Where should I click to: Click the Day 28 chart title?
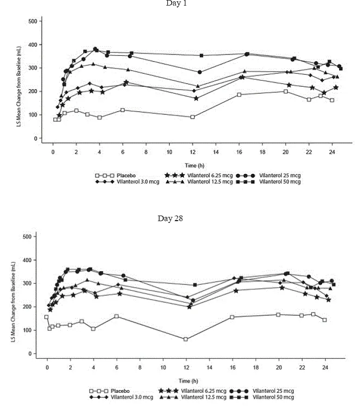point(171,218)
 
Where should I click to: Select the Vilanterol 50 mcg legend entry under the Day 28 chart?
point(276,397)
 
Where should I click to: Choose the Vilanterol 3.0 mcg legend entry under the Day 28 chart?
point(129,397)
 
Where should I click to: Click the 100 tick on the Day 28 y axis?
point(27,331)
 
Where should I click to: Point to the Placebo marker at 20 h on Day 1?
point(286,91)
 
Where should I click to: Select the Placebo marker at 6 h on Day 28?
point(116,316)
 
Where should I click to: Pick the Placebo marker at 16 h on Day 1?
point(239,95)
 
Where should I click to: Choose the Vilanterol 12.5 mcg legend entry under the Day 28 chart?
point(204,397)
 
